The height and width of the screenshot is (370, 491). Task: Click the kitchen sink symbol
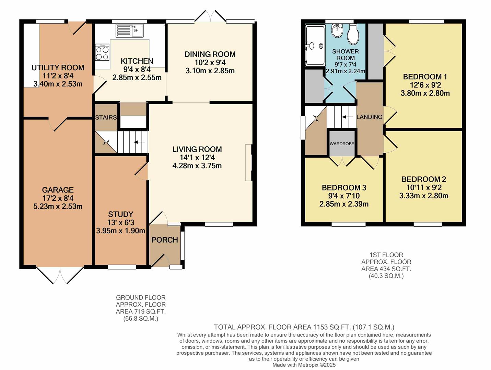130,30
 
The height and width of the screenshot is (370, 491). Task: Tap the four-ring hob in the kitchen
102,52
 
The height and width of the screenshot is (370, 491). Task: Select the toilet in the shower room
353,34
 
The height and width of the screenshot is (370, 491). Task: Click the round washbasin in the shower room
337,31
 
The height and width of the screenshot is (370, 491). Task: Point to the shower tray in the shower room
315,46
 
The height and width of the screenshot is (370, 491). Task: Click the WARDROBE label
342,144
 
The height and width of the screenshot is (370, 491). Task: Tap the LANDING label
369,117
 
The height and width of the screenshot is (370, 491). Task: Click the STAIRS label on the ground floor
106,117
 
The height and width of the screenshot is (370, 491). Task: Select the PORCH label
165,240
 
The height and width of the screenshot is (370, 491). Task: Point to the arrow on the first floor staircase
347,117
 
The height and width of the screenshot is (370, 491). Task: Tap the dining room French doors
210,16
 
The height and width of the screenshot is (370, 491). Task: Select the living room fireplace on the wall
248,162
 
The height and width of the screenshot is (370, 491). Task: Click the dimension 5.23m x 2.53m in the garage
58,206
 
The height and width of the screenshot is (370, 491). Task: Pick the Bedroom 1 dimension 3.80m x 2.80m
425,93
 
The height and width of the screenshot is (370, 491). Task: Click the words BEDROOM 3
344,188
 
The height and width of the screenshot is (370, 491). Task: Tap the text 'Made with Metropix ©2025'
304,365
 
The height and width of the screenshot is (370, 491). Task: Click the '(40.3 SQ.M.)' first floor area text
386,276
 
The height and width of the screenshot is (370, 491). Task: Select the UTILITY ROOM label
58,67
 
